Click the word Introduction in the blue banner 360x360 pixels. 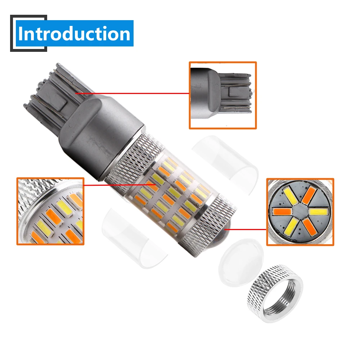(x=74, y=33)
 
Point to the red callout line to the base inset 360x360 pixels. (x=132, y=93)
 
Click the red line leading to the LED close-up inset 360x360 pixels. (x=120, y=185)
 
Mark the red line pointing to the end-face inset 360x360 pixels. (x=245, y=229)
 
